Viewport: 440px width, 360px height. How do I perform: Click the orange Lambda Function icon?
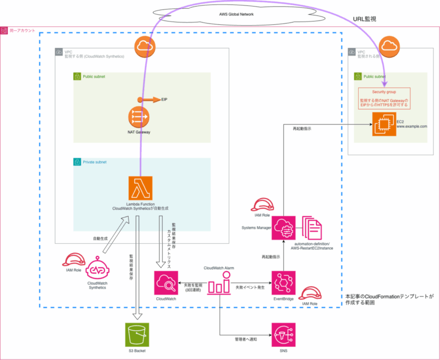pyautogui.click(x=140, y=188)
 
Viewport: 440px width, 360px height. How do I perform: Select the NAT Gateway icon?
pyautogui.click(x=140, y=118)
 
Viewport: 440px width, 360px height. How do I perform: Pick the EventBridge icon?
pyautogui.click(x=283, y=283)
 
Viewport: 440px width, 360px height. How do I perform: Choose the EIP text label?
pyautogui.click(x=164, y=100)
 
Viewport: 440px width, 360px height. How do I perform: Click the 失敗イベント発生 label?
pyautogui.click(x=250, y=287)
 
